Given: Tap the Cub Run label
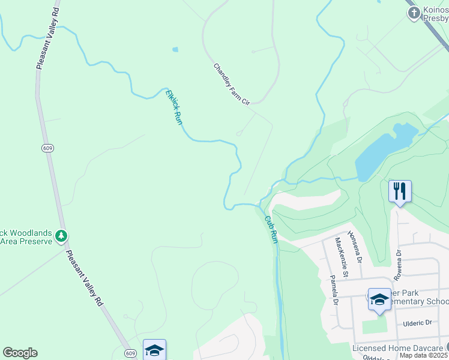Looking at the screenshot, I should click(x=271, y=229).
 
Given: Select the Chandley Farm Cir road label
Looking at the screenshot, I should click(x=231, y=85).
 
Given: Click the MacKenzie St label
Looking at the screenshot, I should click(x=341, y=257).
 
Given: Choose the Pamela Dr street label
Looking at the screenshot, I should click(x=334, y=290).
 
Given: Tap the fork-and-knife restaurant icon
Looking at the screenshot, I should click(x=400, y=191).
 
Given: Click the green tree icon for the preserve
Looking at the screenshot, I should click(x=61, y=236).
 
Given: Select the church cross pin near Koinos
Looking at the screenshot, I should click(x=414, y=12).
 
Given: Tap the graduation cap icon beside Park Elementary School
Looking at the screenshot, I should click(x=379, y=299).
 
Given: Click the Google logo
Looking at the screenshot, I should click(x=20, y=352).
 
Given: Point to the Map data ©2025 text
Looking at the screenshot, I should click(x=424, y=355).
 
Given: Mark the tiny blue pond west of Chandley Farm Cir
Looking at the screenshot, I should click(x=175, y=49).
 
